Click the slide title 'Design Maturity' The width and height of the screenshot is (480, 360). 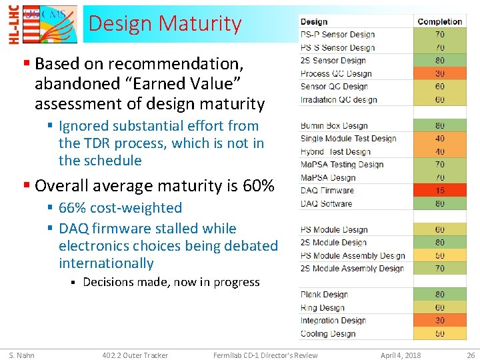point(165,24)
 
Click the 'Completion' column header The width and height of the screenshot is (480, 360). point(439,22)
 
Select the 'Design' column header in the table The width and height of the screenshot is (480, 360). point(314,22)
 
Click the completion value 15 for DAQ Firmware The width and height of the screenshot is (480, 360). point(439,191)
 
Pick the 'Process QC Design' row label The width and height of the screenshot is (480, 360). point(336,74)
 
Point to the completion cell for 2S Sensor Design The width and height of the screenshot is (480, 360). point(439,61)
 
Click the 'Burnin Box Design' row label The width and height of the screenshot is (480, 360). point(334,125)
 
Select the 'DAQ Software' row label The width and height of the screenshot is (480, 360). point(326,203)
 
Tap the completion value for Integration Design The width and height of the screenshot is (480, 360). point(439,321)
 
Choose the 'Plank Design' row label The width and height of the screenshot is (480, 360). point(324,295)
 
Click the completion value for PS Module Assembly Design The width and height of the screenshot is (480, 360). point(439,256)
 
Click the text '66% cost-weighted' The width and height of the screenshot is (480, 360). point(120,208)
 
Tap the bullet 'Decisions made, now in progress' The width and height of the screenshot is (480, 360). point(171,282)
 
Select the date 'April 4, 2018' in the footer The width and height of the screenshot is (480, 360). point(401,355)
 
